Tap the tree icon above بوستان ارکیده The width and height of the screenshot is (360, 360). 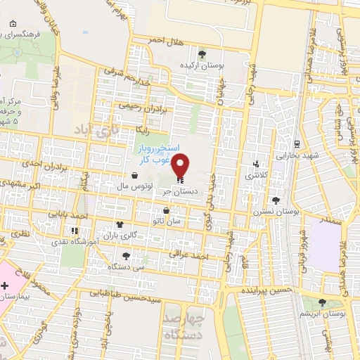click(202, 53)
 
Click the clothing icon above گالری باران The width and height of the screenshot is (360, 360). click(120, 226)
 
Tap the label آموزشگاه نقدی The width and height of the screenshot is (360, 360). click(68, 241)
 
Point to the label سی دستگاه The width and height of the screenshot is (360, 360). click(122, 266)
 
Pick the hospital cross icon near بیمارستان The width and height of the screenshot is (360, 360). click(6, 285)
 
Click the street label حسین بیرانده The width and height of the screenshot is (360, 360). click(265, 289)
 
